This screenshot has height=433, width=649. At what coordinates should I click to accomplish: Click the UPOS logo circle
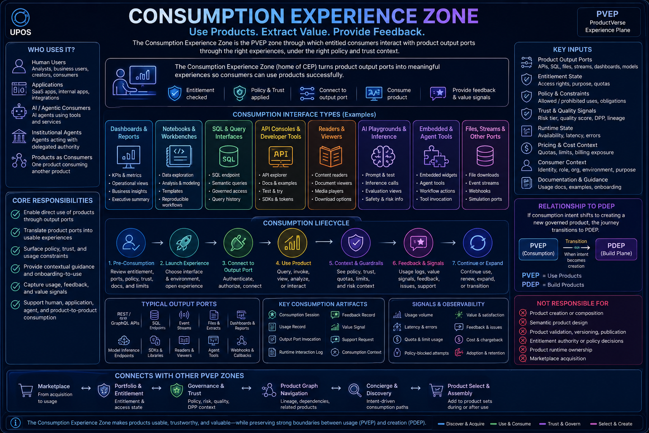[20, 17]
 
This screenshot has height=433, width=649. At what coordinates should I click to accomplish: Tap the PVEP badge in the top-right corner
[608, 22]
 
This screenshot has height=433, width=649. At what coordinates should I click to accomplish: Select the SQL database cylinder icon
[229, 156]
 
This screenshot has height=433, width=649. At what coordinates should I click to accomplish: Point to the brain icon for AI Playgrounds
[383, 156]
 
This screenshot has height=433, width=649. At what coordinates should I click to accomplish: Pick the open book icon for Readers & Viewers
[331, 156]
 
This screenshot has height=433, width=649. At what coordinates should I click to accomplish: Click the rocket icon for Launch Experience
[184, 243]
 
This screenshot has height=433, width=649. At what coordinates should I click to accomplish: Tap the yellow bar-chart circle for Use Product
[292, 243]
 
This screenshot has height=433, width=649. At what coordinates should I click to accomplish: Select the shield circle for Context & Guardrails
[356, 243]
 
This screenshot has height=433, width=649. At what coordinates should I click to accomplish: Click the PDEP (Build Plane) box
[616, 249]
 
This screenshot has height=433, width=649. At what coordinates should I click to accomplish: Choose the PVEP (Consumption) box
[538, 249]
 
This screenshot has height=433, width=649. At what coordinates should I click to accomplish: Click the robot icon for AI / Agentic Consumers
[19, 111]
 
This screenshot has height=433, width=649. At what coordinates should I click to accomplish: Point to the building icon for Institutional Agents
[19, 136]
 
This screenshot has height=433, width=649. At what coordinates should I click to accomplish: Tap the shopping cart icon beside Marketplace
[26, 390]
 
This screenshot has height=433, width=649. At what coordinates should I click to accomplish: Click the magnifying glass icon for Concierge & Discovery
[355, 390]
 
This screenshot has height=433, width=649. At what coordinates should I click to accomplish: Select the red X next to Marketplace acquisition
[523, 359]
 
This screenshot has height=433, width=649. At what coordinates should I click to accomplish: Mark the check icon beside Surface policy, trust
[15, 251]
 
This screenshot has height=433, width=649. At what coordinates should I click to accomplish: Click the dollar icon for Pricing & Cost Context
[526, 148]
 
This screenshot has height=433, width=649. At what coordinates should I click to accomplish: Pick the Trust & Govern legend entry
[560, 424]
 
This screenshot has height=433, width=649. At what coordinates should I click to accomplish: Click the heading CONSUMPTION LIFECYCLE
[306, 223]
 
